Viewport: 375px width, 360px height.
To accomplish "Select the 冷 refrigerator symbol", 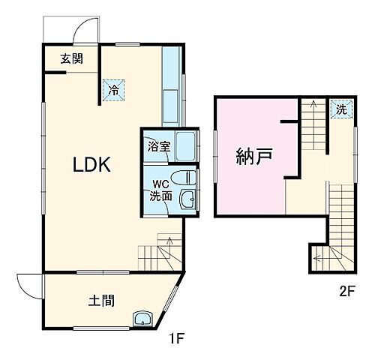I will click(x=114, y=88).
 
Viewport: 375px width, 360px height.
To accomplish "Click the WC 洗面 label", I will click(x=160, y=190).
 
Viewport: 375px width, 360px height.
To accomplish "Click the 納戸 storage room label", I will click(x=253, y=157).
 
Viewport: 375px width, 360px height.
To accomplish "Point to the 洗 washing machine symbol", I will click(x=340, y=109).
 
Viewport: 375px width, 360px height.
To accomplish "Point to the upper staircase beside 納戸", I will click(x=310, y=139).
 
